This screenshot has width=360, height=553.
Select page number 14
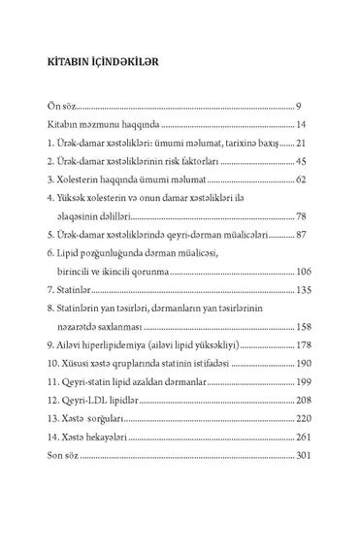point(304,125)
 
